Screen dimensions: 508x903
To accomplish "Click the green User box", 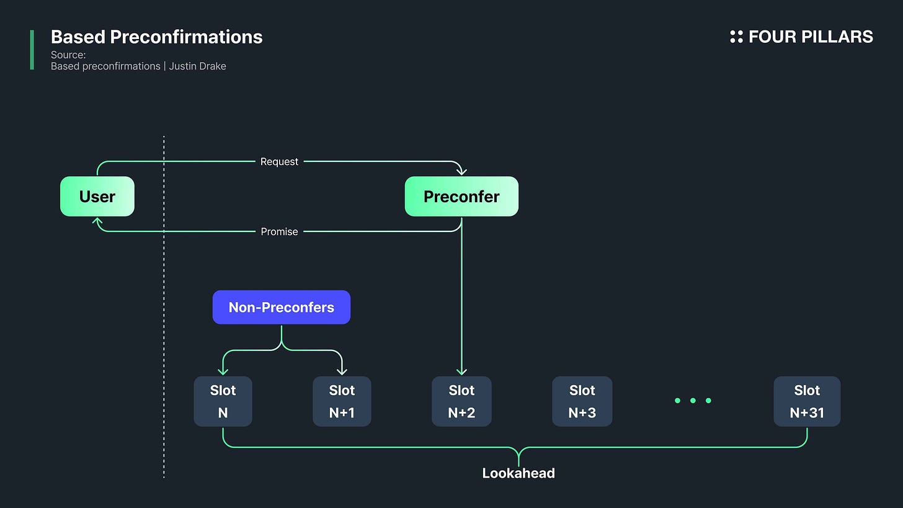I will [97, 197].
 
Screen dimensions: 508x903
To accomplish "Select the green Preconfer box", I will [461, 197].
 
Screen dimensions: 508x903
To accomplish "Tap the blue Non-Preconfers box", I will [282, 308].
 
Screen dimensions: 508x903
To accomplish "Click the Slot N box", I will [223, 401].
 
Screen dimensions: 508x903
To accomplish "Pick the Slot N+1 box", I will [342, 401].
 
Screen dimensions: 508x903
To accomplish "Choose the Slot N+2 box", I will [461, 401].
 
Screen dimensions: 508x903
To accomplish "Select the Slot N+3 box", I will [582, 401].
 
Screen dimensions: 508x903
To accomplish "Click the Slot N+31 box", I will [807, 401].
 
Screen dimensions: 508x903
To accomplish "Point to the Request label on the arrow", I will [279, 161].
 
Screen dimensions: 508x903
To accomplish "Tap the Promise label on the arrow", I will [279, 231].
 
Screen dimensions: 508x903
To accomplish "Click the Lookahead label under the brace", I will [518, 473].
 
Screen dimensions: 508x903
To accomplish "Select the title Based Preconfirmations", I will [156, 37].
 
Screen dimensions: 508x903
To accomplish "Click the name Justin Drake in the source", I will [197, 66].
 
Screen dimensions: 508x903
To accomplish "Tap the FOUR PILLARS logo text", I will [811, 37].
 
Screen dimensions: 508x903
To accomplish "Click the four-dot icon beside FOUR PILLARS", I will [736, 37].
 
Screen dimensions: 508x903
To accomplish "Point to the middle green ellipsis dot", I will [693, 401].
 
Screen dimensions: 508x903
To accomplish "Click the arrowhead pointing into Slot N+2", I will [461, 371].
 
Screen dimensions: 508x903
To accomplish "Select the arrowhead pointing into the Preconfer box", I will [461, 172].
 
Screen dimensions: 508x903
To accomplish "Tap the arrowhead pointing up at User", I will [97, 221].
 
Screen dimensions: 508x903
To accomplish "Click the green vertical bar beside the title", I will [32, 50].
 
